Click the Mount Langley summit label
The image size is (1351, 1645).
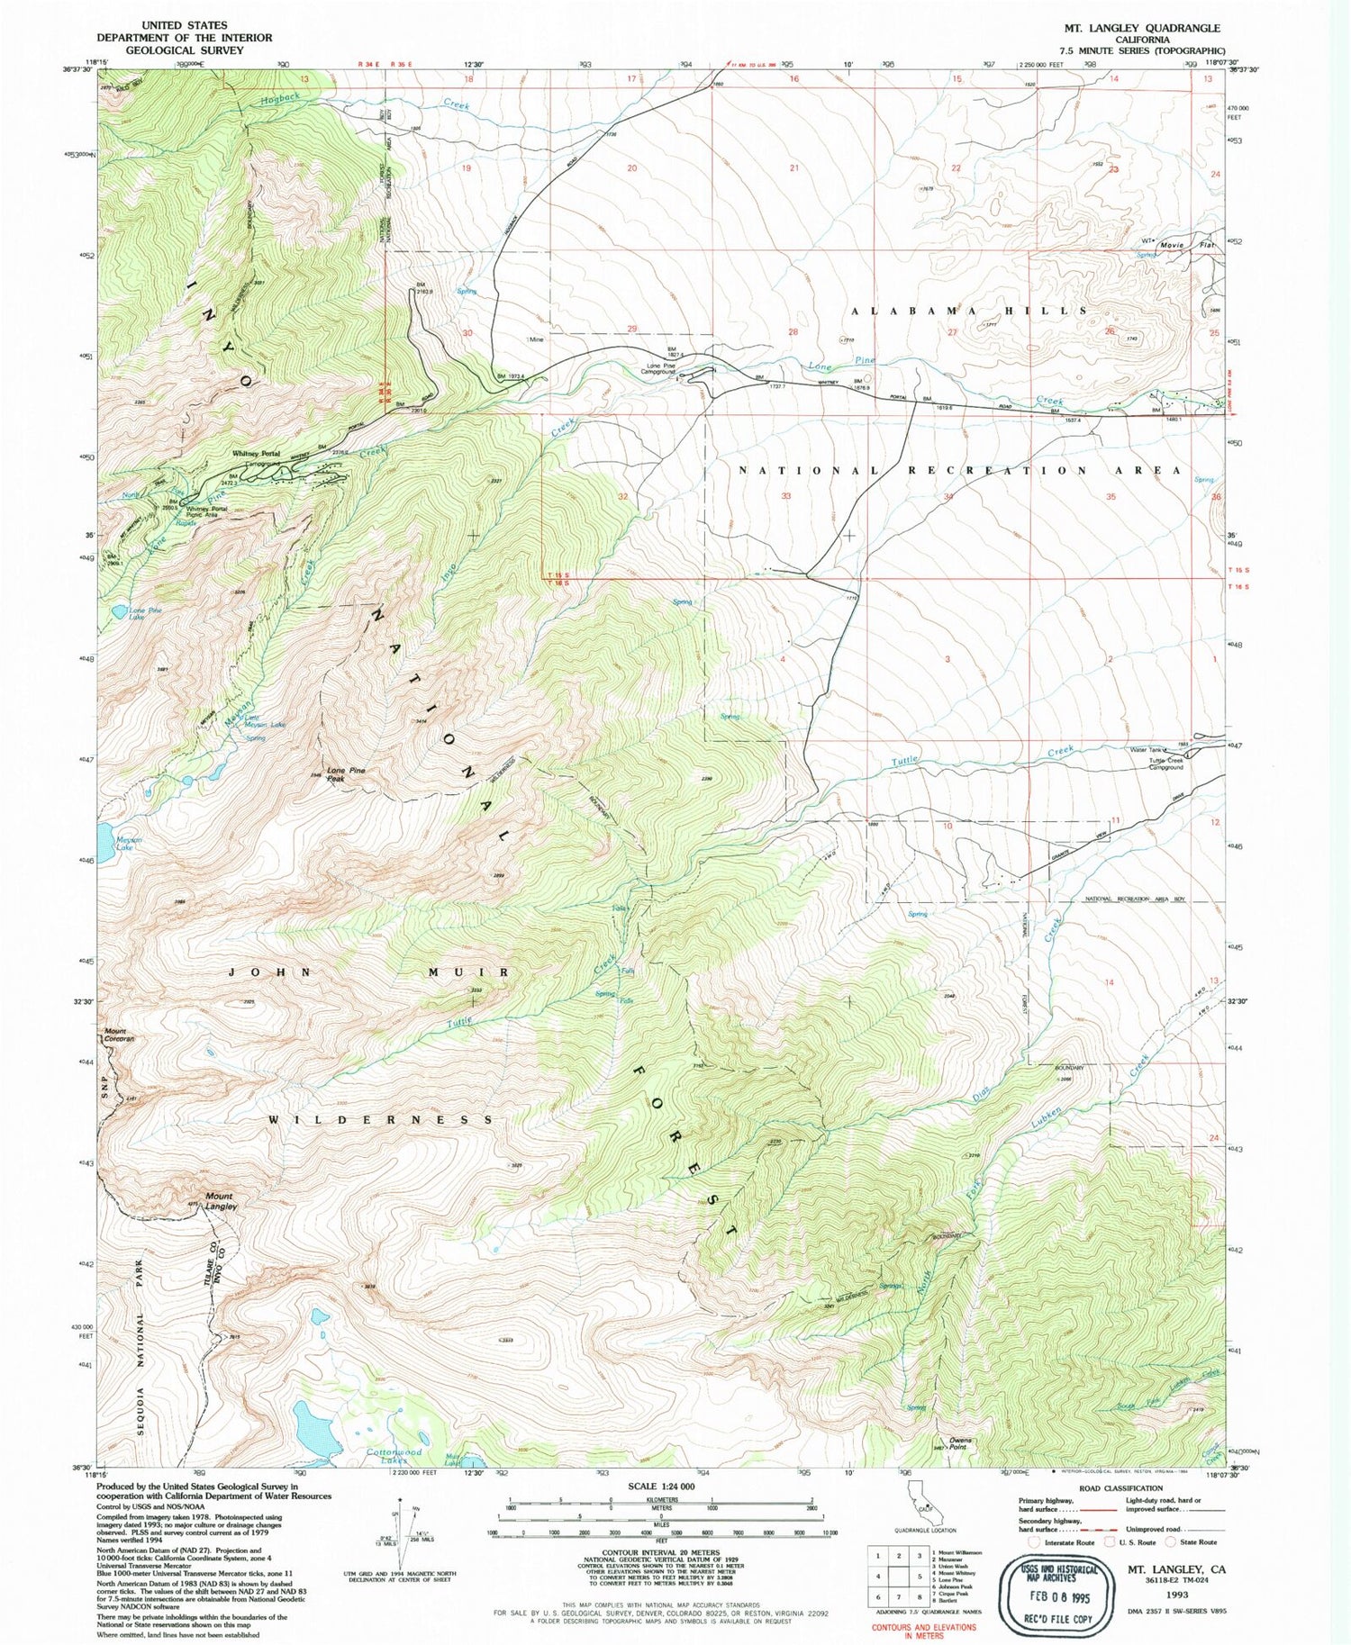221,1201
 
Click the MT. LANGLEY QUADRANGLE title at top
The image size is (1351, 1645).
1141,28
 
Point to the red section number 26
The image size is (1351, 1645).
1109,331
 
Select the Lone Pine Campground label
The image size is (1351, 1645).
661,369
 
